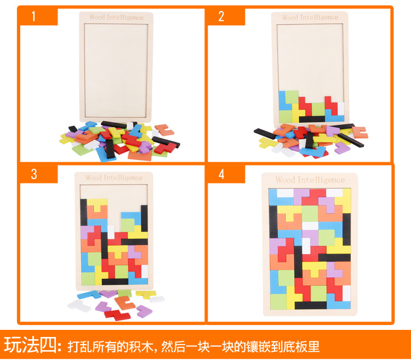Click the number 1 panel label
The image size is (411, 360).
[33, 16]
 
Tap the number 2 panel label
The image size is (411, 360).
[221, 16]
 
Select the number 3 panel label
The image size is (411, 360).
[34, 174]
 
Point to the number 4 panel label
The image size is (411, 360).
[221, 174]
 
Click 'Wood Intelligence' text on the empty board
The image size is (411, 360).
[116, 18]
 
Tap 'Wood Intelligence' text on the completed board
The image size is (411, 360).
[310, 180]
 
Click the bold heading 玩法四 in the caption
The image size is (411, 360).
[30, 345]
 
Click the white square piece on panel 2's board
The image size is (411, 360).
[341, 108]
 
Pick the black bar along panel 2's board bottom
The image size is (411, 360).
[312, 119]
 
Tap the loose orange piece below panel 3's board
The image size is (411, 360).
[125, 302]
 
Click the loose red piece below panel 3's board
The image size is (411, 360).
[117, 315]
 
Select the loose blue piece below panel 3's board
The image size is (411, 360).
[89, 295]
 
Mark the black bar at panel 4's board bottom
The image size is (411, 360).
[311, 305]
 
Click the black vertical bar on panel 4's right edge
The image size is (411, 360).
[346, 229]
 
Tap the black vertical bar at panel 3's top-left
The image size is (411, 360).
[84, 212]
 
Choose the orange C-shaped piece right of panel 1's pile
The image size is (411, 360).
[164, 130]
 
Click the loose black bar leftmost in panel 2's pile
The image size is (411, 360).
[265, 134]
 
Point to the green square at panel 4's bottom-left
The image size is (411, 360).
[278, 301]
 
